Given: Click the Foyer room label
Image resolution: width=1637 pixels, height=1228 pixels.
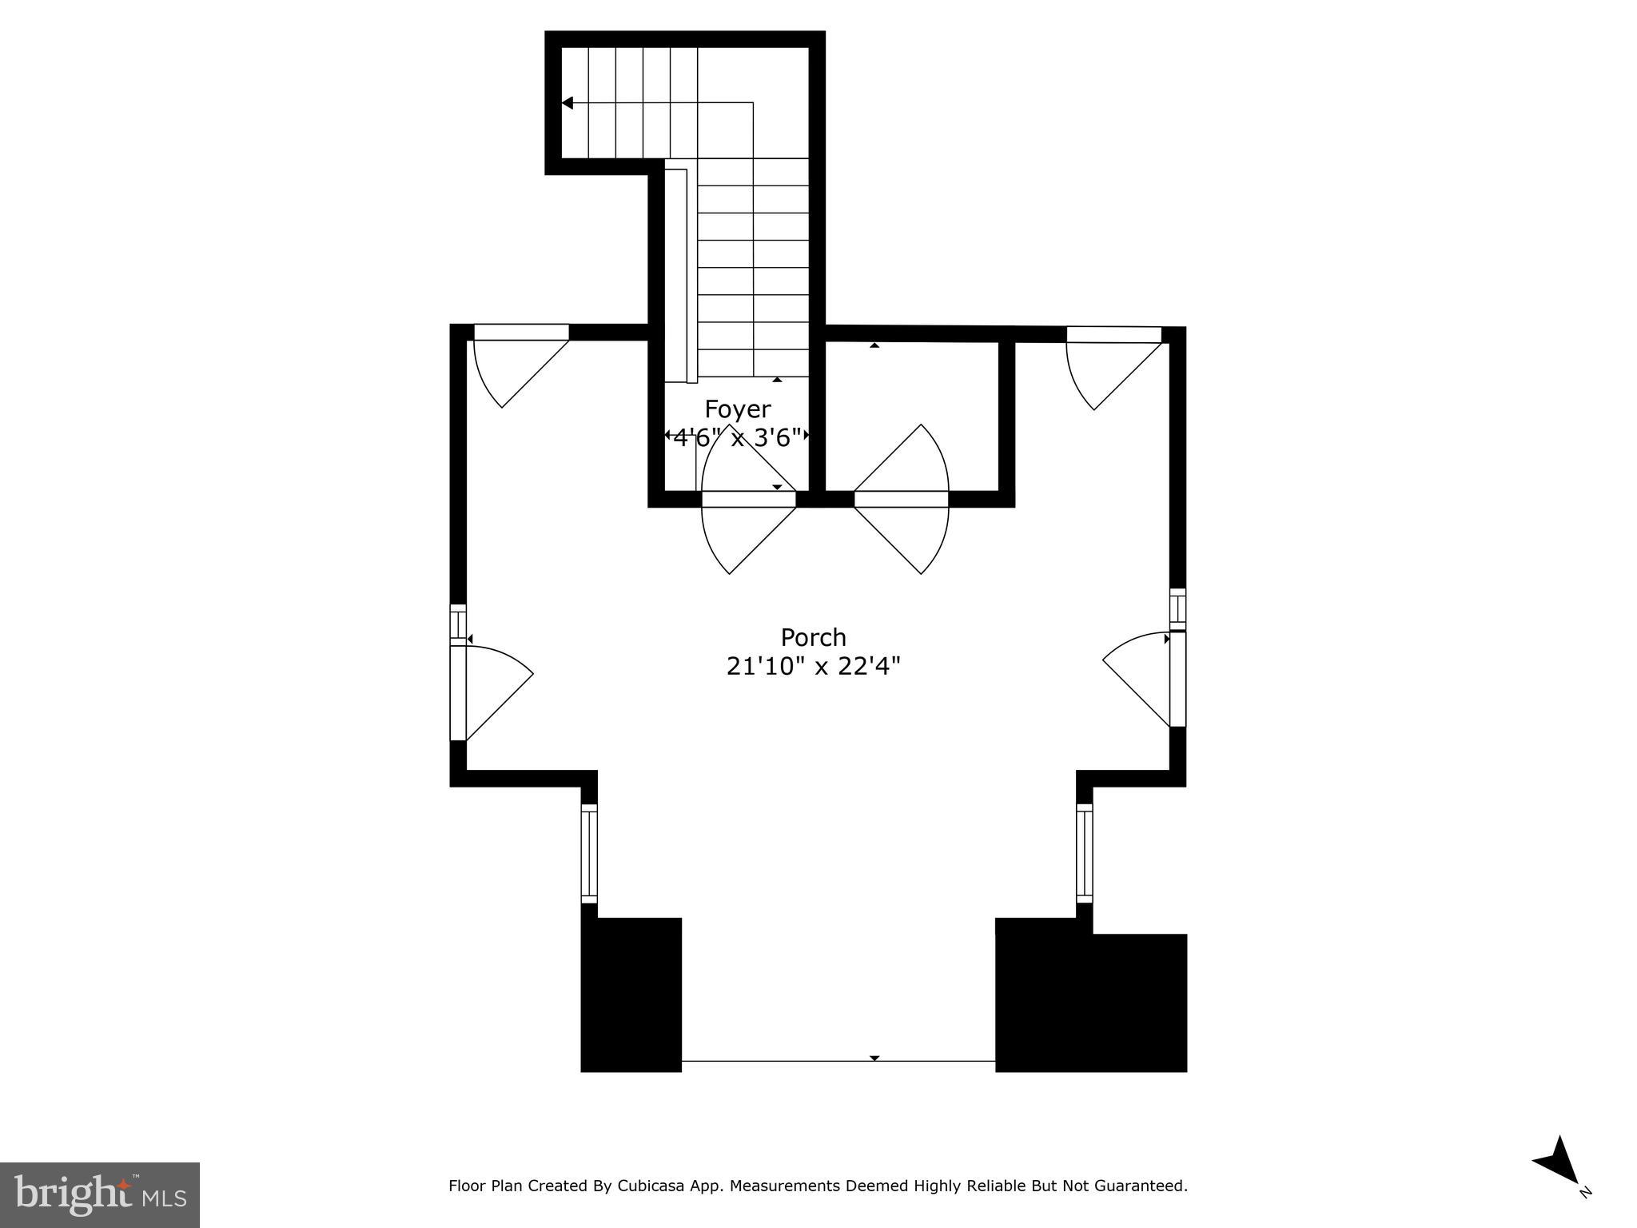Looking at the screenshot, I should pos(737,409).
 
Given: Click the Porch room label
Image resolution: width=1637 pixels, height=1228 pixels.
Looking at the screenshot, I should pos(813,637).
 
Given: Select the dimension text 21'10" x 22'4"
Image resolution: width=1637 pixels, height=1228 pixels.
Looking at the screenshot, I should pos(813,666).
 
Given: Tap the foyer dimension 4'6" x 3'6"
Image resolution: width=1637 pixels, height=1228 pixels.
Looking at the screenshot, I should pos(737,437).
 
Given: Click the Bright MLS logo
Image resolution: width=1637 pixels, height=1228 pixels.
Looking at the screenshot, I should pos(99,1194).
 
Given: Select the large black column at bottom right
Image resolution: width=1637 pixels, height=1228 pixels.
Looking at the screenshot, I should pos(1090,999).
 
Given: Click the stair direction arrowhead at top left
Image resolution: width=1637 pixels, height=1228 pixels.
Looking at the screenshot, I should pos(568,103).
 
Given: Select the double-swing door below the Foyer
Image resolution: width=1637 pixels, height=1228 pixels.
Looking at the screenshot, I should pos(749,500).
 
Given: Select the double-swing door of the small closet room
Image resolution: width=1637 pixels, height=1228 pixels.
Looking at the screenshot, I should pos(902,500).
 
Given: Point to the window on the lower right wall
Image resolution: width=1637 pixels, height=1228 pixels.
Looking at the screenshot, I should pos(1084,852).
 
